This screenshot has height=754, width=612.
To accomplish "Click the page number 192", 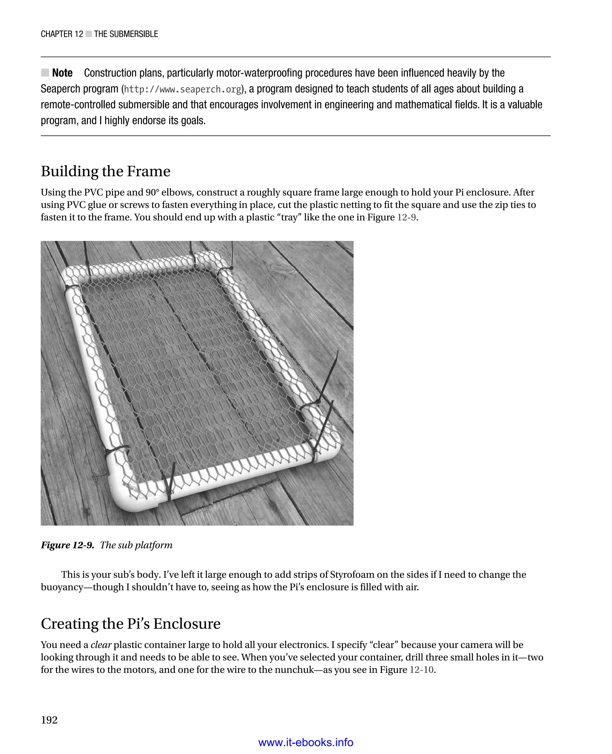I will tap(49, 720).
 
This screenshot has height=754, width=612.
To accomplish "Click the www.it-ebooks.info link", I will tap(306, 742).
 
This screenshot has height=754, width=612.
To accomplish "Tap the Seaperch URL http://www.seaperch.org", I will tap(183, 89).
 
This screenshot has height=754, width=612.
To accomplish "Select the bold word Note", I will tap(62, 73).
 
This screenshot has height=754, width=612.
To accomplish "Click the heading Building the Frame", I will tap(105, 172).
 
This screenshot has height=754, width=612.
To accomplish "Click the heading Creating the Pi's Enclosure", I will tap(130, 624).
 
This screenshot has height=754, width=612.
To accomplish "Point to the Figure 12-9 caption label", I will tap(67, 545).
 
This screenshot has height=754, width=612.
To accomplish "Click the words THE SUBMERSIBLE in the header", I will tap(126, 34).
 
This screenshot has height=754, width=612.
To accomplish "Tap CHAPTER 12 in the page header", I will tap(62, 34).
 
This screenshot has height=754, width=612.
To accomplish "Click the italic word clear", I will tap(101, 645).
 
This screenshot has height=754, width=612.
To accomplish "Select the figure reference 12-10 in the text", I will tap(421, 670).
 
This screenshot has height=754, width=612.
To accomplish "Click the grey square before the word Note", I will tap(45, 73).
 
